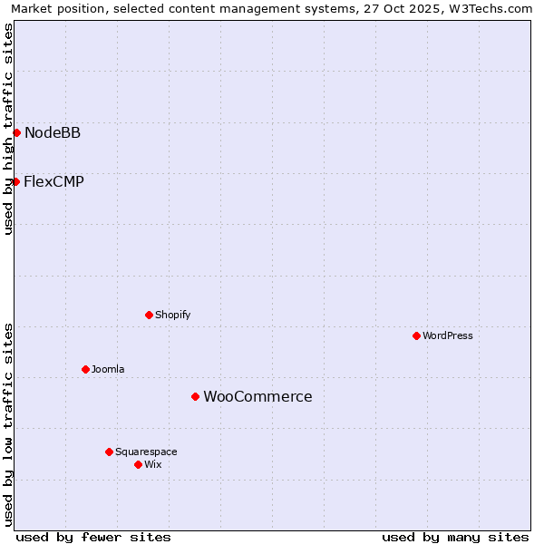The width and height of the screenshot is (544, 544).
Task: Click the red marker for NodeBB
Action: [x=16, y=132]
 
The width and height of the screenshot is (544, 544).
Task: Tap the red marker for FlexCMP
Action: [x=16, y=181]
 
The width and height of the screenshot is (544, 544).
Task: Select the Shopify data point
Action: [x=149, y=315]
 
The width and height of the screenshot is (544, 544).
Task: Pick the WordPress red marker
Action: [x=416, y=335]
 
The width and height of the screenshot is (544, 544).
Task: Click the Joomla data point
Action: [x=85, y=369]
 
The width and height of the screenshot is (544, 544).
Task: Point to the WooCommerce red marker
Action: [x=195, y=396]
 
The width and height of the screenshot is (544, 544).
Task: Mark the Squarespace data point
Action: [x=109, y=452]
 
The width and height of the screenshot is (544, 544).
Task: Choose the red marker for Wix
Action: [x=138, y=464]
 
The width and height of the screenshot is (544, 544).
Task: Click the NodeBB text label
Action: [x=53, y=133]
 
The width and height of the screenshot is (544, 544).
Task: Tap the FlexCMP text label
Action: [x=54, y=181]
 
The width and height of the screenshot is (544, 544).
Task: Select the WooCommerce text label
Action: [x=257, y=396]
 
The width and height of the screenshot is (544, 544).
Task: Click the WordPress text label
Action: [x=448, y=335]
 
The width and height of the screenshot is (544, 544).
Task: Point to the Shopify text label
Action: [x=172, y=315]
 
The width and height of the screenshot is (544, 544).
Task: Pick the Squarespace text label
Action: [x=146, y=452]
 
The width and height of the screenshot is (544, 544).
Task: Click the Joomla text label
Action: [x=108, y=369]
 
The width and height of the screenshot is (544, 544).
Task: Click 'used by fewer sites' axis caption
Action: [x=93, y=537]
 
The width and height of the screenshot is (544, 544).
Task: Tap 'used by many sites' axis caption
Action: [x=455, y=537]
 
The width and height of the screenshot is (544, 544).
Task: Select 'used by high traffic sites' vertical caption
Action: [x=8, y=129]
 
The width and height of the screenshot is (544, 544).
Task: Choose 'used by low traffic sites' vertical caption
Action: [x=8, y=423]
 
